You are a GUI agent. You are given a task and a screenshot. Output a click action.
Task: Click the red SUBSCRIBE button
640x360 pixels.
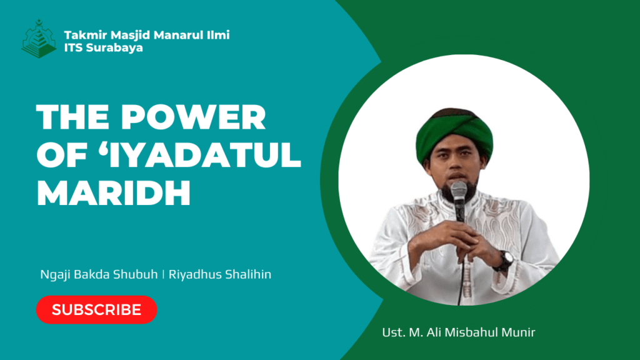(97, 310)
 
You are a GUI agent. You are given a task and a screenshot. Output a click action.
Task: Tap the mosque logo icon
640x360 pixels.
(39, 39)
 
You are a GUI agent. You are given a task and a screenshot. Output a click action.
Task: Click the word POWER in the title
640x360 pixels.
(193, 117)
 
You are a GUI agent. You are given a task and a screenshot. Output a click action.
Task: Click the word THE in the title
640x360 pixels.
(72, 117)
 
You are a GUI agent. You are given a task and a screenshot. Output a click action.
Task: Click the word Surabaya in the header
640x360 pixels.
(114, 47)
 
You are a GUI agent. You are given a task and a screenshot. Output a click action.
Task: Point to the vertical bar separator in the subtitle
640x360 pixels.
(163, 274)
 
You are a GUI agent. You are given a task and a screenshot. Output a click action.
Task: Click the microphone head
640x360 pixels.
(459, 191)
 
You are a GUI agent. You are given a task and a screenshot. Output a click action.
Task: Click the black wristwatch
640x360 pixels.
(505, 260)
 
